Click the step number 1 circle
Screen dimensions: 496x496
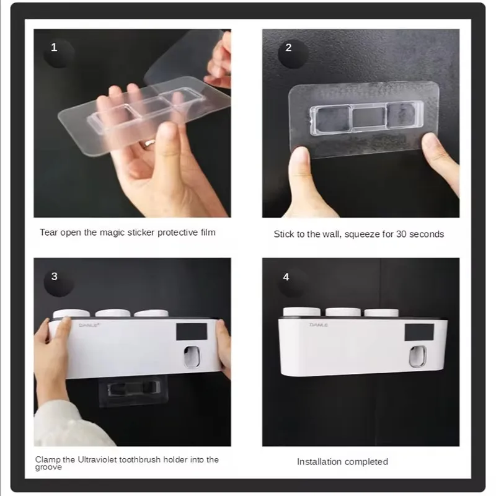pos(58,53)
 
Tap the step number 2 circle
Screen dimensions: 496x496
pos(293,53)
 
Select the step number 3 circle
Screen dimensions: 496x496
pos(59,282)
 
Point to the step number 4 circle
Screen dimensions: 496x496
pos(291,282)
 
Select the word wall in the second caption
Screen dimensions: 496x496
pos(332,234)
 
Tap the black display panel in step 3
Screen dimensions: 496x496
pos(192,332)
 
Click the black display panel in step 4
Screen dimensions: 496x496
pos(420,332)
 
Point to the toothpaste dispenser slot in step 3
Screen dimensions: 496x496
pos(192,357)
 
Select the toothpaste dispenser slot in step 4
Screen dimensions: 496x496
pos(417,356)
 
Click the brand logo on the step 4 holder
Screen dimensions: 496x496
pos(319,325)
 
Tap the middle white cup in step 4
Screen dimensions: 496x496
pos(343,312)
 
